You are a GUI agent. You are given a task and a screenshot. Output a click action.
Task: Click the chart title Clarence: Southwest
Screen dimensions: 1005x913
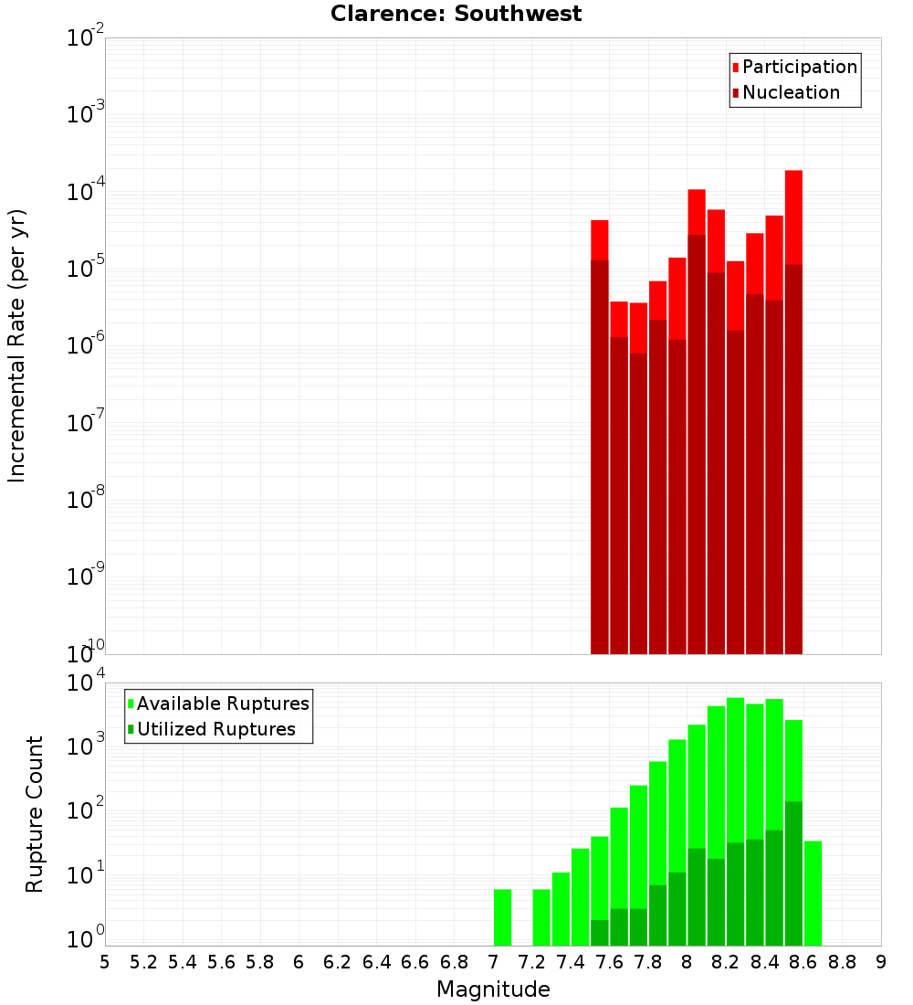click(x=456, y=14)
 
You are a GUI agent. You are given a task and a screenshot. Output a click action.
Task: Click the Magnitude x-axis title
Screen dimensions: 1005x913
click(x=493, y=989)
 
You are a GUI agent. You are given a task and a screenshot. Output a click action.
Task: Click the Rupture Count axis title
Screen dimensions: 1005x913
click(x=35, y=814)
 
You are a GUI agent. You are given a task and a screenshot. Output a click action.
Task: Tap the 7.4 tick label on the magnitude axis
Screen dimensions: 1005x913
click(x=571, y=962)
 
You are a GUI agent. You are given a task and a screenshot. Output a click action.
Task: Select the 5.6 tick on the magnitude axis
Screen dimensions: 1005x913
click(x=221, y=962)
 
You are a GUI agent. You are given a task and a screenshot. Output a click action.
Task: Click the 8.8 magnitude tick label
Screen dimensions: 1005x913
click(x=842, y=962)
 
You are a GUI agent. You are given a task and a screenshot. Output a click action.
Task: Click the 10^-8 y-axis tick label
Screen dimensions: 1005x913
click(x=86, y=500)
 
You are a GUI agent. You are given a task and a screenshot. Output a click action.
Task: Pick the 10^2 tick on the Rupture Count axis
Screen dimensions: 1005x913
click(x=86, y=811)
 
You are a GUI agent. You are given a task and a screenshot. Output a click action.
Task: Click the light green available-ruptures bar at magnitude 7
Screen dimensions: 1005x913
click(x=502, y=917)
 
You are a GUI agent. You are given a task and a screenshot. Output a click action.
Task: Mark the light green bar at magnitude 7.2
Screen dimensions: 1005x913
click(x=541, y=917)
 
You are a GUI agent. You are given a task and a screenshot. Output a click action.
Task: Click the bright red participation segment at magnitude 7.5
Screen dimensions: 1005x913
click(x=600, y=239)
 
